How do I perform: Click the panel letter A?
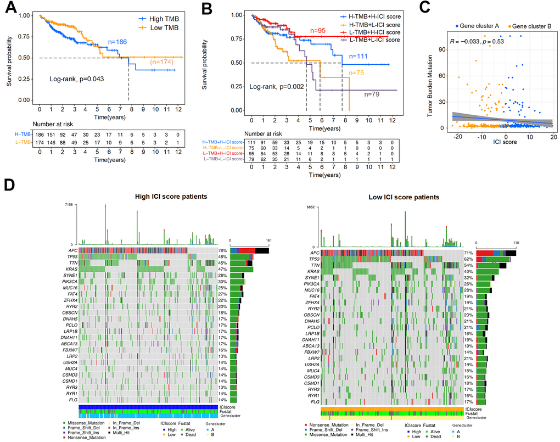(9, 9)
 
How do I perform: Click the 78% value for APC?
(223, 250)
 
